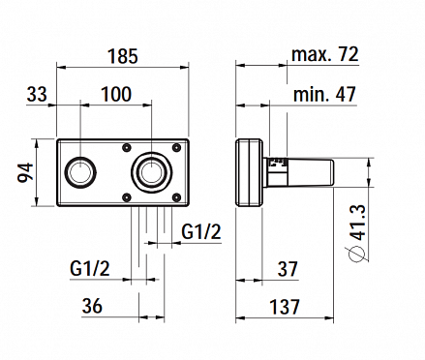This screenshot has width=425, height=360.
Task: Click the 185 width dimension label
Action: pyautogui.click(x=123, y=56)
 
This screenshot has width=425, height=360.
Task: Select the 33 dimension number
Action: pyautogui.click(x=37, y=95)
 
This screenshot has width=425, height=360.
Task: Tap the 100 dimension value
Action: pyautogui.click(x=116, y=94)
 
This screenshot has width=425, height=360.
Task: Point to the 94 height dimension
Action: pyautogui.click(x=25, y=172)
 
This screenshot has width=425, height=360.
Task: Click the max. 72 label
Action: pyautogui.click(x=325, y=54)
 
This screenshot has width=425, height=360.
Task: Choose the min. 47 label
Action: pyautogui.click(x=324, y=94)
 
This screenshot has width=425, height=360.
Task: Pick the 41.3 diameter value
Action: pyautogui.click(x=358, y=223)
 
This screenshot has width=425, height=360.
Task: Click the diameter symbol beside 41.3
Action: pyautogui.click(x=355, y=254)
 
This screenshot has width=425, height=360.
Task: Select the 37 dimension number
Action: pyautogui.click(x=288, y=269)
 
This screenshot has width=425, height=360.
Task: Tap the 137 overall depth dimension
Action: pyautogui.click(x=285, y=307)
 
